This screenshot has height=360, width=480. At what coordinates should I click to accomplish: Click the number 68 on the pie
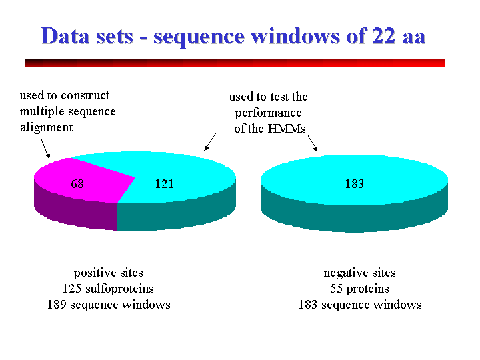click(x=77, y=184)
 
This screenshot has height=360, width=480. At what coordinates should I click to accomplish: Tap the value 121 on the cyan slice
click(x=164, y=184)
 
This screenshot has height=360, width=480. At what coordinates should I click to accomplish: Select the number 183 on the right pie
click(x=354, y=184)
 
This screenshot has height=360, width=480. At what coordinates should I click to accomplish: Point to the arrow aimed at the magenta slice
click(x=45, y=148)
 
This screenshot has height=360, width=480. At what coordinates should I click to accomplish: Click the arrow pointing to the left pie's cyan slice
click(x=209, y=141)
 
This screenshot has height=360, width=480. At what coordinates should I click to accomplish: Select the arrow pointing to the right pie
click(x=311, y=142)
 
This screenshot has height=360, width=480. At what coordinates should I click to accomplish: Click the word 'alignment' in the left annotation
click(x=46, y=127)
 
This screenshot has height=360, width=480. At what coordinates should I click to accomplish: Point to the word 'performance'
click(x=269, y=113)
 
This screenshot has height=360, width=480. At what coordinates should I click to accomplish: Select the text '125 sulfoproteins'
click(x=108, y=289)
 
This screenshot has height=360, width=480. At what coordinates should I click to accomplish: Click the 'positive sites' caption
click(x=108, y=273)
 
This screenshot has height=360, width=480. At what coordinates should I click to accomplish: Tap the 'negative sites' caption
click(x=359, y=273)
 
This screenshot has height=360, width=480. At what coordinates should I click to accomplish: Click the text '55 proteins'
click(x=359, y=289)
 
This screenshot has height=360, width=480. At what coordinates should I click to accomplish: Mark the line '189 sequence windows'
click(x=108, y=305)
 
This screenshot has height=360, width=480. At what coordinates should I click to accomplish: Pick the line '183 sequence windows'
click(x=359, y=305)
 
